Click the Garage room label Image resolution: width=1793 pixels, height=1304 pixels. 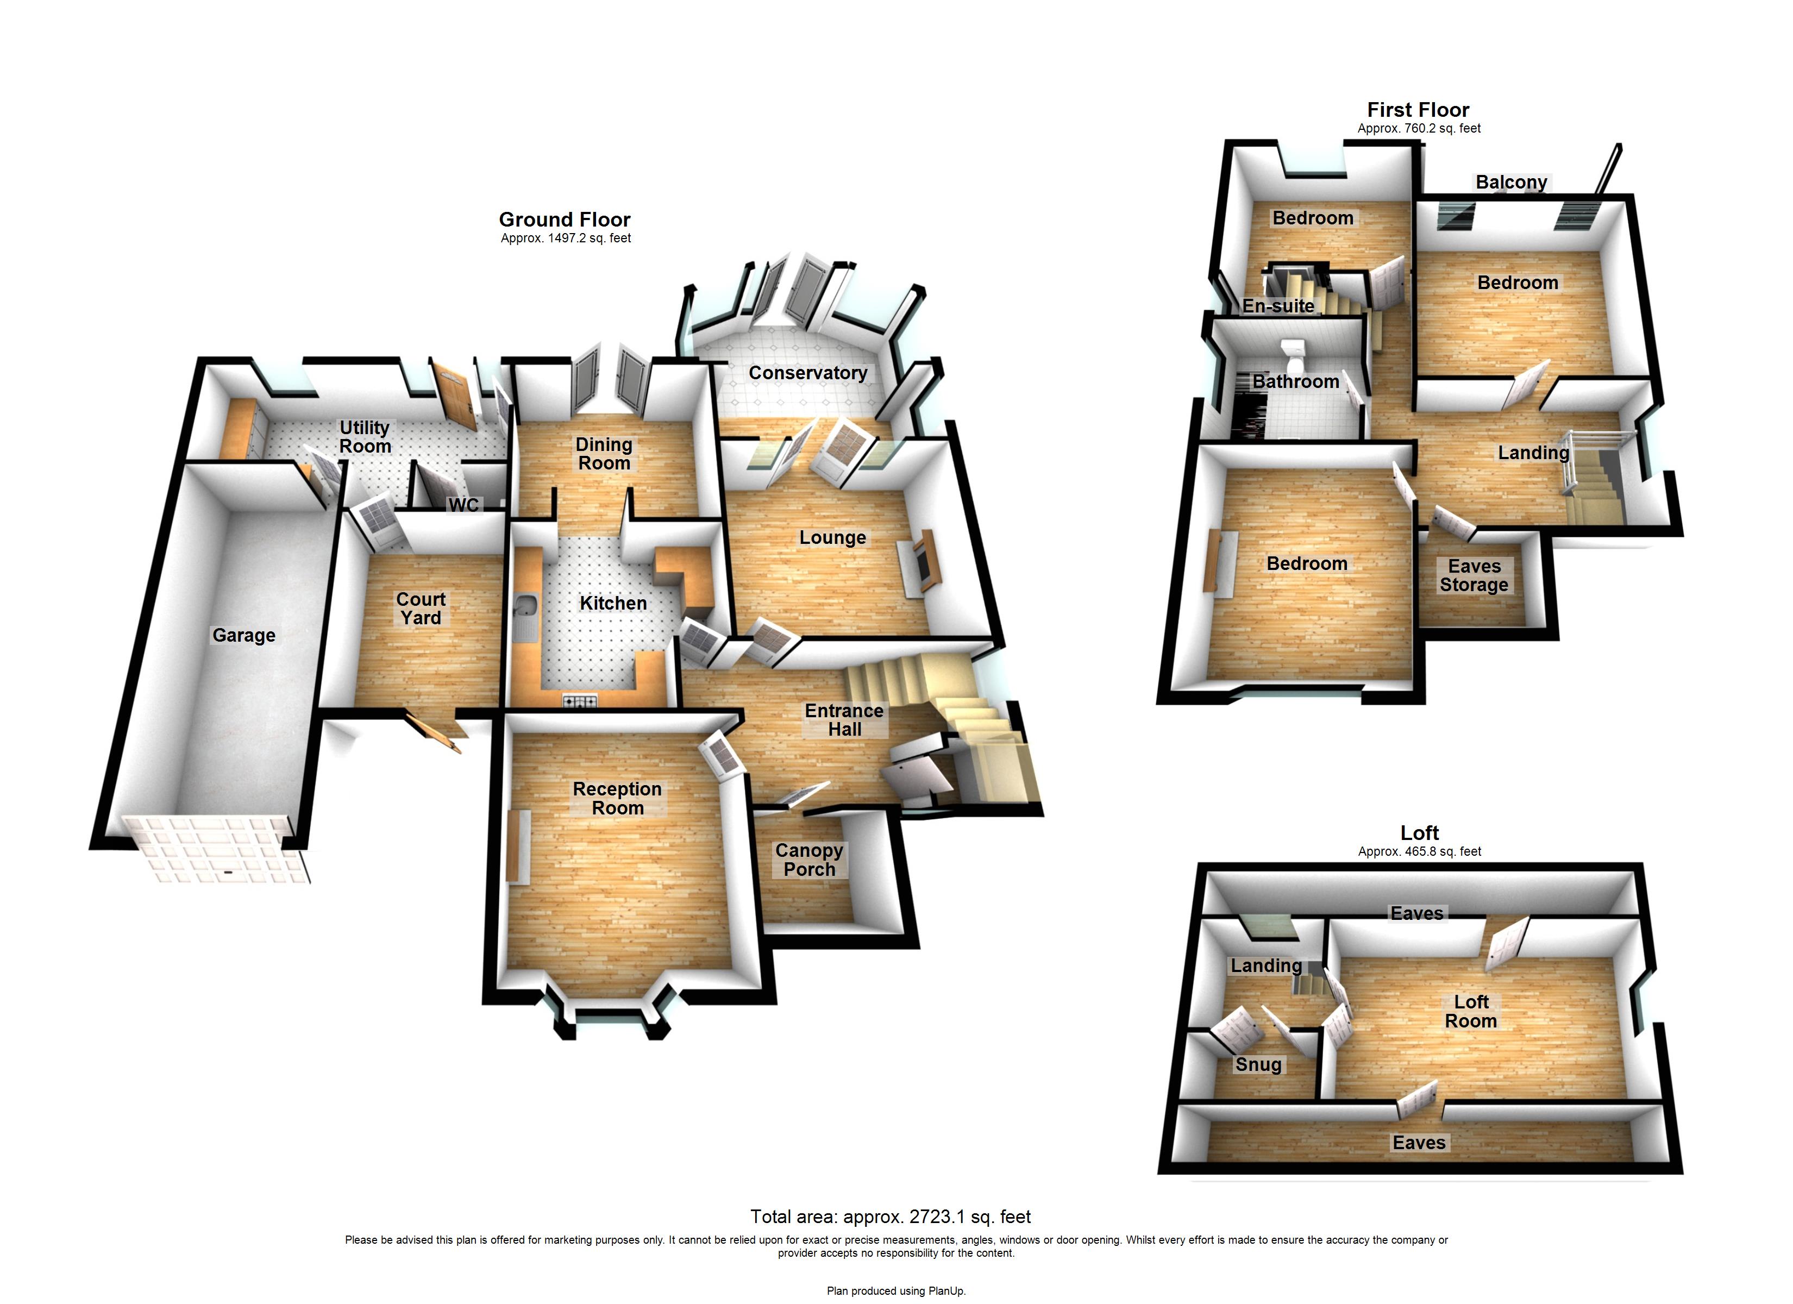(243, 635)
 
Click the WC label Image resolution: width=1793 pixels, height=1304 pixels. (463, 505)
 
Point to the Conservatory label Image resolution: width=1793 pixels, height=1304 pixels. (807, 373)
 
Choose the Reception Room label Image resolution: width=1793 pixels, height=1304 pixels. (617, 798)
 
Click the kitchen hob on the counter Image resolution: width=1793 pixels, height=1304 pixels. (580, 700)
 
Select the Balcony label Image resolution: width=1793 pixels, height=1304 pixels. (1511, 182)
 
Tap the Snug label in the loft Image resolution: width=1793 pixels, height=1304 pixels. (1258, 1064)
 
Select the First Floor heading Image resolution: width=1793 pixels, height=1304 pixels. (1418, 110)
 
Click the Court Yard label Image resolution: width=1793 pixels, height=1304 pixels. (421, 608)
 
